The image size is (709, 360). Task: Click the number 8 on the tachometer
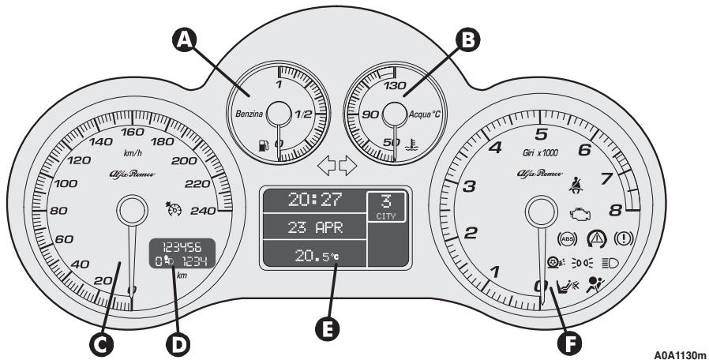click(x=614, y=210)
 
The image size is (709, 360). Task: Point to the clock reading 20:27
click(x=313, y=202)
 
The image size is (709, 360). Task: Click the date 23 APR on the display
click(x=313, y=228)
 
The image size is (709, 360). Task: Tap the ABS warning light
click(x=566, y=238)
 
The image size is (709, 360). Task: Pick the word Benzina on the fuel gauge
click(x=249, y=115)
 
